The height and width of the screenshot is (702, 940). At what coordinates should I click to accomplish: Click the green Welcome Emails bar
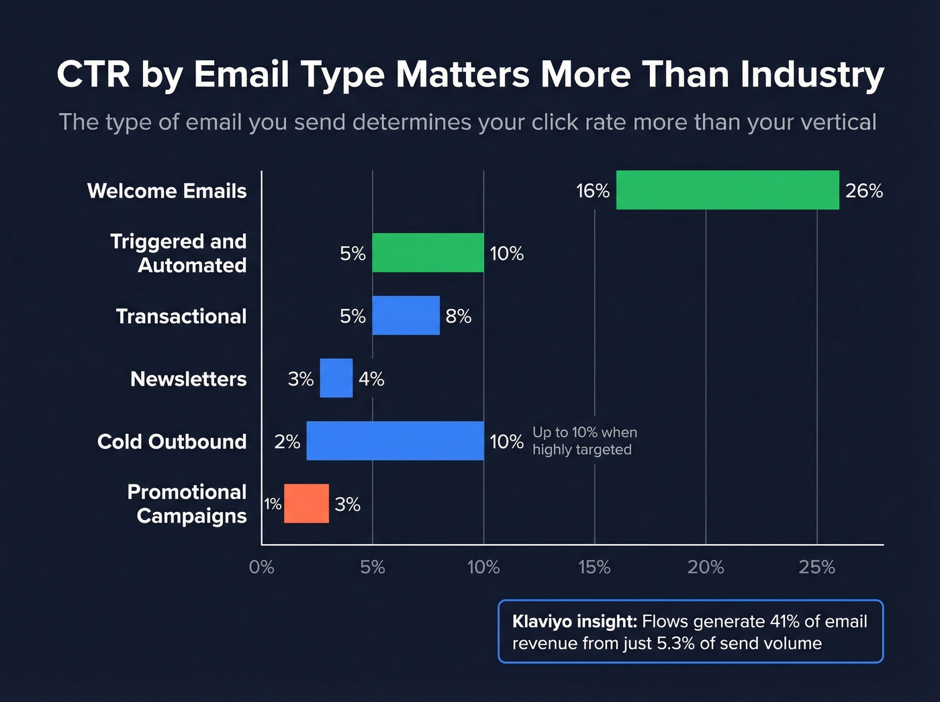coord(727,190)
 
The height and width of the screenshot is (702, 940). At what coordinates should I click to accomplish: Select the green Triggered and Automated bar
coord(428,253)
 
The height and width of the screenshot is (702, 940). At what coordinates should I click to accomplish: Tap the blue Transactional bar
coord(406,315)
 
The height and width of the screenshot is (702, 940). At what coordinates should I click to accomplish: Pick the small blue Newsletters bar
coord(336,378)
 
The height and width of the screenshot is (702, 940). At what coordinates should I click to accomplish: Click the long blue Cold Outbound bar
coord(395,441)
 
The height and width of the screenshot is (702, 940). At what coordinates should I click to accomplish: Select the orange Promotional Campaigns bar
coord(306,503)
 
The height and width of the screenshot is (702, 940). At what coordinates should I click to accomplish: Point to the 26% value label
coord(863,191)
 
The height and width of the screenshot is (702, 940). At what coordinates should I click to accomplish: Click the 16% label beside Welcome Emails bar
coord(592,191)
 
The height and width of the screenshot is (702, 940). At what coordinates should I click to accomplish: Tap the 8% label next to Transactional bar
coord(458,316)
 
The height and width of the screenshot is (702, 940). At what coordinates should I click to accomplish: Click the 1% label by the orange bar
coord(272,504)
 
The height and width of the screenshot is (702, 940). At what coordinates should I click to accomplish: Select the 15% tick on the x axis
coord(594,567)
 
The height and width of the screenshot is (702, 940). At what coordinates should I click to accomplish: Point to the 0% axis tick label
coord(261,567)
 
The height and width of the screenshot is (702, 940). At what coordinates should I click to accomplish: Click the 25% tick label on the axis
coord(816,567)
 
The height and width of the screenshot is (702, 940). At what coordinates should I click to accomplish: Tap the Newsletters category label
coord(188,379)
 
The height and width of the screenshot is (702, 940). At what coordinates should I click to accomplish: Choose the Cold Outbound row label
coord(172,441)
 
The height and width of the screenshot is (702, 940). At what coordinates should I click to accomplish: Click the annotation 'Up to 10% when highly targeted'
coord(584,441)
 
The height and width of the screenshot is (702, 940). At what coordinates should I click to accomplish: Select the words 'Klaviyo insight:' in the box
coord(574,621)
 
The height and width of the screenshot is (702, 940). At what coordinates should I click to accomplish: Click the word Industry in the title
coord(812,74)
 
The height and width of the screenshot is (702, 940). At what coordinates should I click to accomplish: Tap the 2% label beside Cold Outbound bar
coord(287,441)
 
